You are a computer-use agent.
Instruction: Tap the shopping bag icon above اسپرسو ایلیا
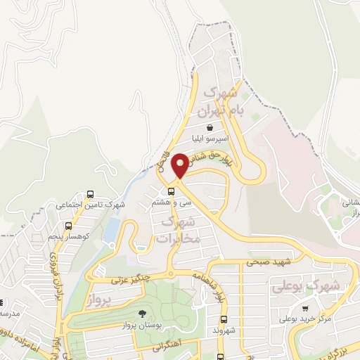[x=210, y=129]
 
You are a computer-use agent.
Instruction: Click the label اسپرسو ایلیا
[x=210, y=140]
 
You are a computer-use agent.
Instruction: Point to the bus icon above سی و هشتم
[x=171, y=191]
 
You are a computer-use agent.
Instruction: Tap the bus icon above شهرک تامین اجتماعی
[x=90, y=194]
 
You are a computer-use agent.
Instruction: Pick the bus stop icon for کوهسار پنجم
[x=68, y=226]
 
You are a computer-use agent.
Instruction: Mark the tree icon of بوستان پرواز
[x=142, y=314]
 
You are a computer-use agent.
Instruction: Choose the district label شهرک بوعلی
[x=315, y=285]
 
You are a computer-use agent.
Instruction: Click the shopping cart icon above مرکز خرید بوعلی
[x=305, y=308]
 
